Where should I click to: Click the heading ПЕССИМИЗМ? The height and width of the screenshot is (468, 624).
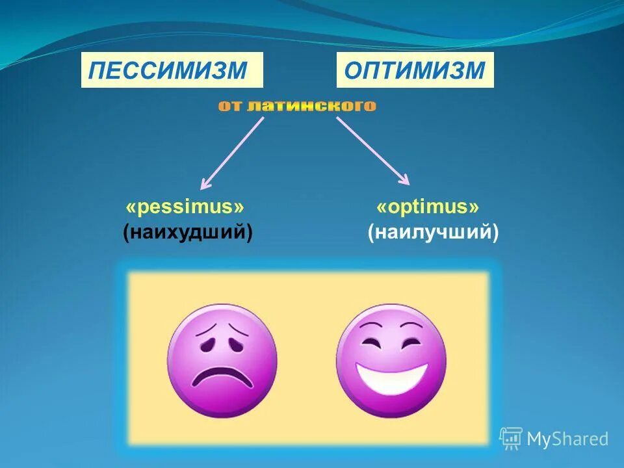pyautogui.click(x=171, y=70)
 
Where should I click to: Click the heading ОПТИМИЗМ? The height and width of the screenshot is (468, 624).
pyautogui.click(x=415, y=70)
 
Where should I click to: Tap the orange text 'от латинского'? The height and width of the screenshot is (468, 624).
pyautogui.click(x=297, y=106)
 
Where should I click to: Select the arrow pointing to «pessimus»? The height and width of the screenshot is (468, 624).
pyautogui.click(x=233, y=152)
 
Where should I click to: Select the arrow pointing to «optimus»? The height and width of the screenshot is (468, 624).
pyautogui.click(x=372, y=151)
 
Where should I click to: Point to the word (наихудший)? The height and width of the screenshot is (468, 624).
pyautogui.click(x=188, y=231)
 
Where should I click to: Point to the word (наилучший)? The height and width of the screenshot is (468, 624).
pyautogui.click(x=433, y=231)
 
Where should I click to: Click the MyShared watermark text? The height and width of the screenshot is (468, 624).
pyautogui.click(x=567, y=439)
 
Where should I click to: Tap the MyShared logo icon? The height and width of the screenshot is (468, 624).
pyautogui.click(x=511, y=439)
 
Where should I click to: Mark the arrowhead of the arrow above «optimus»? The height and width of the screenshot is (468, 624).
pyautogui.click(x=404, y=179)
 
